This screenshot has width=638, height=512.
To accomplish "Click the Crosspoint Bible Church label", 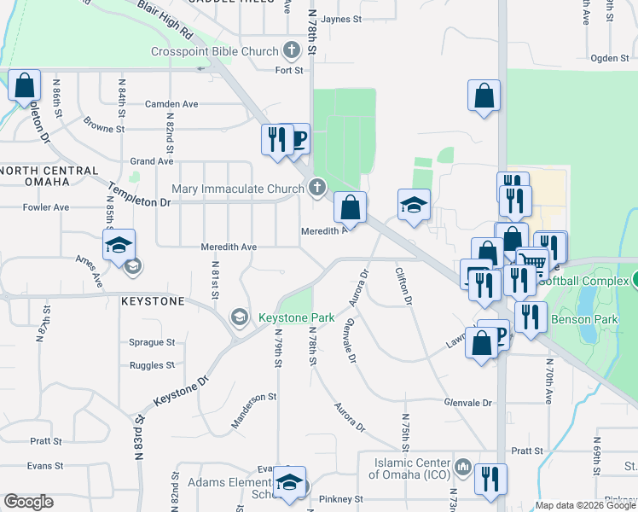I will point(214,51).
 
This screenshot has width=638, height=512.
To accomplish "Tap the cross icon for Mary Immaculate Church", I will point(317,187).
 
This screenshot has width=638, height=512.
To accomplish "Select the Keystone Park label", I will point(296,317).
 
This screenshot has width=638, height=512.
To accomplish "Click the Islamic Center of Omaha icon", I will point(463,468).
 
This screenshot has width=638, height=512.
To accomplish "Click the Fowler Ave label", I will point(46,207).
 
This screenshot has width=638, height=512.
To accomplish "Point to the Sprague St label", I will point(152,342).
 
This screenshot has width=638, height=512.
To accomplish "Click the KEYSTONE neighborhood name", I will point(153,301).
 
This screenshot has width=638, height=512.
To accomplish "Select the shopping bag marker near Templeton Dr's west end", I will point(24,85).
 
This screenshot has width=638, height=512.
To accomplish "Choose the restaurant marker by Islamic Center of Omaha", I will point(490,479).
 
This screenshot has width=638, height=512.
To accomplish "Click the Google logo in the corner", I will point(29,502).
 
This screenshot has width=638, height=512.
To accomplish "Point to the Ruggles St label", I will point(152,365).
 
